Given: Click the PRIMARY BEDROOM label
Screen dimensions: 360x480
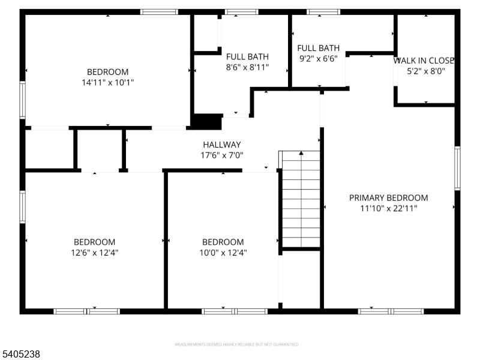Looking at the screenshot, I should click(388, 198).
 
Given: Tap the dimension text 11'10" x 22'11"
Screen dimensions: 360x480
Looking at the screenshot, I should click(388, 208).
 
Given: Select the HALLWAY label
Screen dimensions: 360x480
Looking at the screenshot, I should click(221, 145).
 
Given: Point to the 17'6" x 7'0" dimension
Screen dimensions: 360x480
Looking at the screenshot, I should click(221, 155).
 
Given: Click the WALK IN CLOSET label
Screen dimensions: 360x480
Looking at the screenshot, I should click(424, 61).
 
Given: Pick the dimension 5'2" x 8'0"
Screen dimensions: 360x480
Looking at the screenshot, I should click(426, 71).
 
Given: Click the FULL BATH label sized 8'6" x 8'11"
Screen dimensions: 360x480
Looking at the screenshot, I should click(247, 57).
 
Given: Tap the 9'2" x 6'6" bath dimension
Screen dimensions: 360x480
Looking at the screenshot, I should click(318, 59).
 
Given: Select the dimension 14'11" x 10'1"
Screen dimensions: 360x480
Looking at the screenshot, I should click(107, 82).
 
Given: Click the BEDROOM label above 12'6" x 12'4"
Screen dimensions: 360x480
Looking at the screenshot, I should click(94, 242).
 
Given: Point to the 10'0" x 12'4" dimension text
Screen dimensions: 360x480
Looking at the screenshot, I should click(223, 253).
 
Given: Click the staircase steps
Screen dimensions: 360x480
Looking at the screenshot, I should click(301, 204).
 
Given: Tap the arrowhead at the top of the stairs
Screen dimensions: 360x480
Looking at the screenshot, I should click(301, 154).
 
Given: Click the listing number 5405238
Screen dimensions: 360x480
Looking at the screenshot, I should click(21, 355).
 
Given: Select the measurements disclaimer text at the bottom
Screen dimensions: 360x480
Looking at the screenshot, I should click(236, 344).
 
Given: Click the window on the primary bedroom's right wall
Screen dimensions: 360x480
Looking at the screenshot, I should click(457, 168).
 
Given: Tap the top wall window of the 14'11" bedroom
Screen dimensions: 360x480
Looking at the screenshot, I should click(159, 11).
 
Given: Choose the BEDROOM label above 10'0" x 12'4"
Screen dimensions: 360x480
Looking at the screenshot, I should click(223, 242).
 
